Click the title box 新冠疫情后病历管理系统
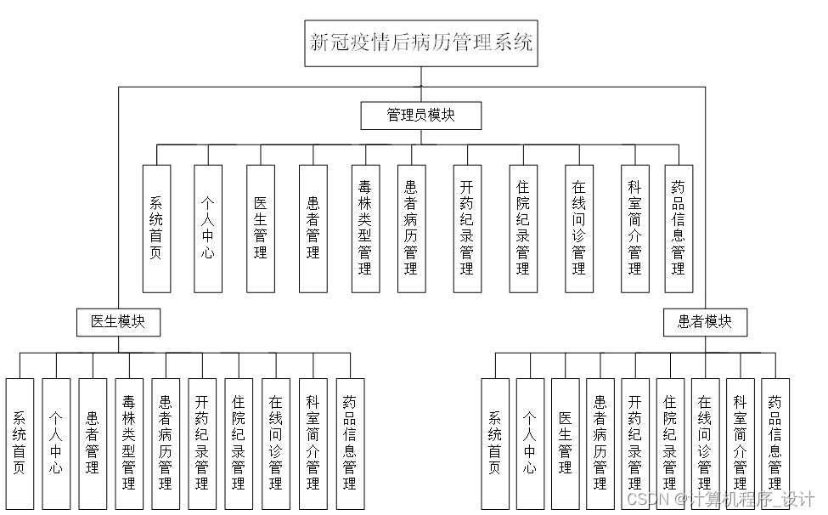coord(421,42)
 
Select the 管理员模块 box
coord(421,116)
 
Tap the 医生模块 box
coord(117,322)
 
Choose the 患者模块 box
coord(706,322)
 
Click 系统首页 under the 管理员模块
coord(156,228)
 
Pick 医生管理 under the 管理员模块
coord(261,228)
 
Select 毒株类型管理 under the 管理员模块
coord(365,228)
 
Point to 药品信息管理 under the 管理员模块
coord(678,228)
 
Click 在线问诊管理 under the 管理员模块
coord(579,228)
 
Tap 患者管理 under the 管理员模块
coord(313,228)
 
